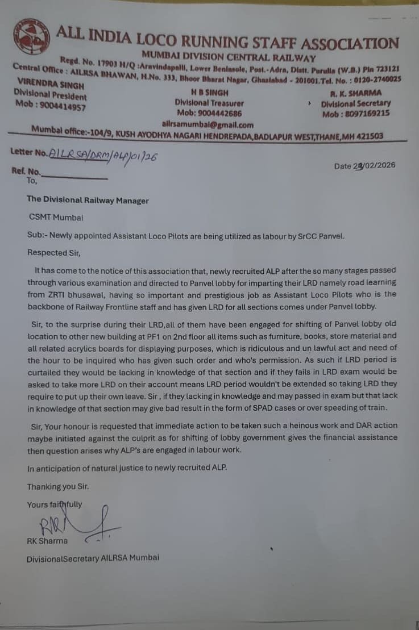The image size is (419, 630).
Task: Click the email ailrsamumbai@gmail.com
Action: point(208,124)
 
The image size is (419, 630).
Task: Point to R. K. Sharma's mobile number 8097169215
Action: point(356,113)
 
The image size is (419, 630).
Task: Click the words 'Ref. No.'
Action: point(26,171)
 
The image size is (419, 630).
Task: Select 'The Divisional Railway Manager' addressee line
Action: point(88,200)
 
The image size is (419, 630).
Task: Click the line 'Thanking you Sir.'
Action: point(58,487)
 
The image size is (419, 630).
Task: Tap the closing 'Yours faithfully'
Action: point(55,504)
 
